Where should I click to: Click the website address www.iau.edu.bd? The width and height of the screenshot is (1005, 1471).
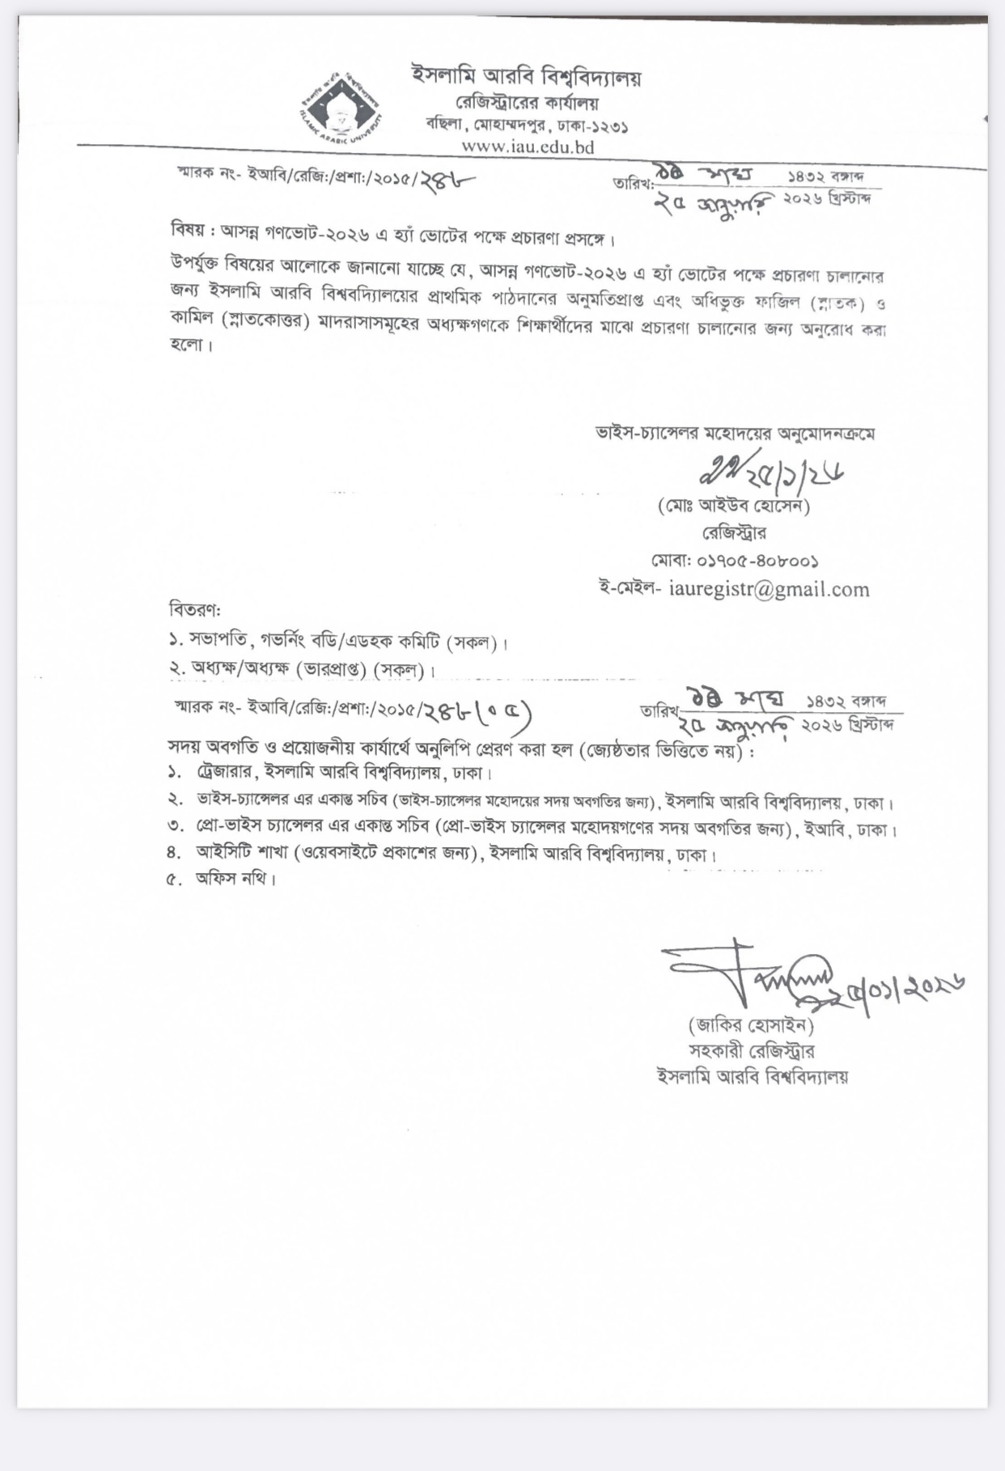pos(528,146)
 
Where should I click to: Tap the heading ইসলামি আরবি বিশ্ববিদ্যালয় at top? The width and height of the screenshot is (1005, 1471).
pos(526,77)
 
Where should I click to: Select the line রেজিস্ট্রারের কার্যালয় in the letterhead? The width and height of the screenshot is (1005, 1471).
pos(528,104)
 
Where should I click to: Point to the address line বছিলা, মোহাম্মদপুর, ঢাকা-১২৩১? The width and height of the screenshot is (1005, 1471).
pos(528,125)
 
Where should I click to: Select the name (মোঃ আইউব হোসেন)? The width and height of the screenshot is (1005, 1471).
pos(734,507)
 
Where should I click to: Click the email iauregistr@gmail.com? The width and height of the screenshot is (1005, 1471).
pos(769,589)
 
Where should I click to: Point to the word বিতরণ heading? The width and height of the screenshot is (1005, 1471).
pos(194,608)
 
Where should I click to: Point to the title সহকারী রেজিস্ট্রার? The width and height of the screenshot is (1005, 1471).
pos(752,1051)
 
